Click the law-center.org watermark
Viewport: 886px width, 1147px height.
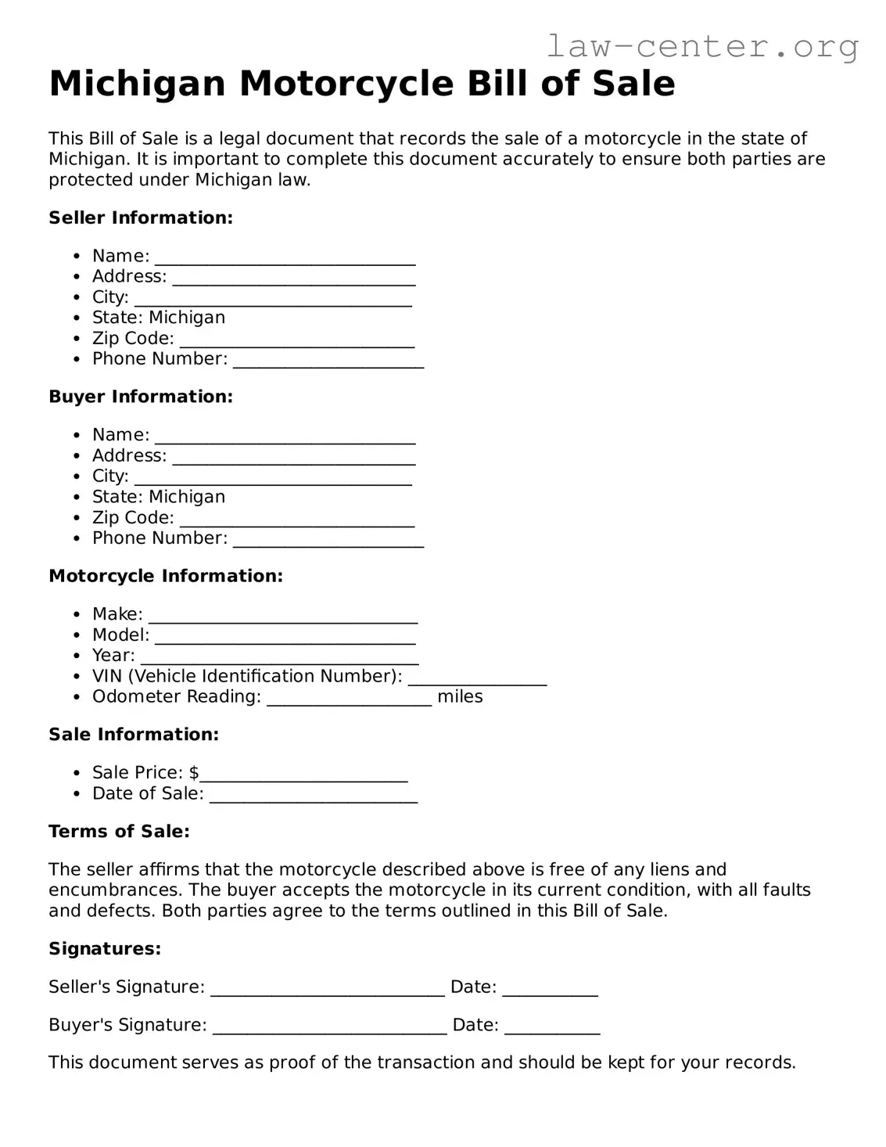coord(702,47)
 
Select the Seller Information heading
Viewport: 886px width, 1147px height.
coord(141,218)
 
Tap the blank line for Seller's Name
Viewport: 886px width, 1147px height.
coord(285,258)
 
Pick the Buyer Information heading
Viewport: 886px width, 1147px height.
coord(141,397)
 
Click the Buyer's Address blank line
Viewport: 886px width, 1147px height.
coord(293,458)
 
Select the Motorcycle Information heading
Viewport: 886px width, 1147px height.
coord(166,576)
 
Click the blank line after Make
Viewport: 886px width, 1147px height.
coord(283,617)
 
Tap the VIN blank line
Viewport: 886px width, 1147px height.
coord(477,678)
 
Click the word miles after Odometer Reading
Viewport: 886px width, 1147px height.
coord(460,696)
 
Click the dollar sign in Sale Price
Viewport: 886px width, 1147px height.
coord(194,772)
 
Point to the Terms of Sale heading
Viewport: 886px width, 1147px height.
coord(119,831)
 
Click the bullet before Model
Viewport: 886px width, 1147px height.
coord(76,635)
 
